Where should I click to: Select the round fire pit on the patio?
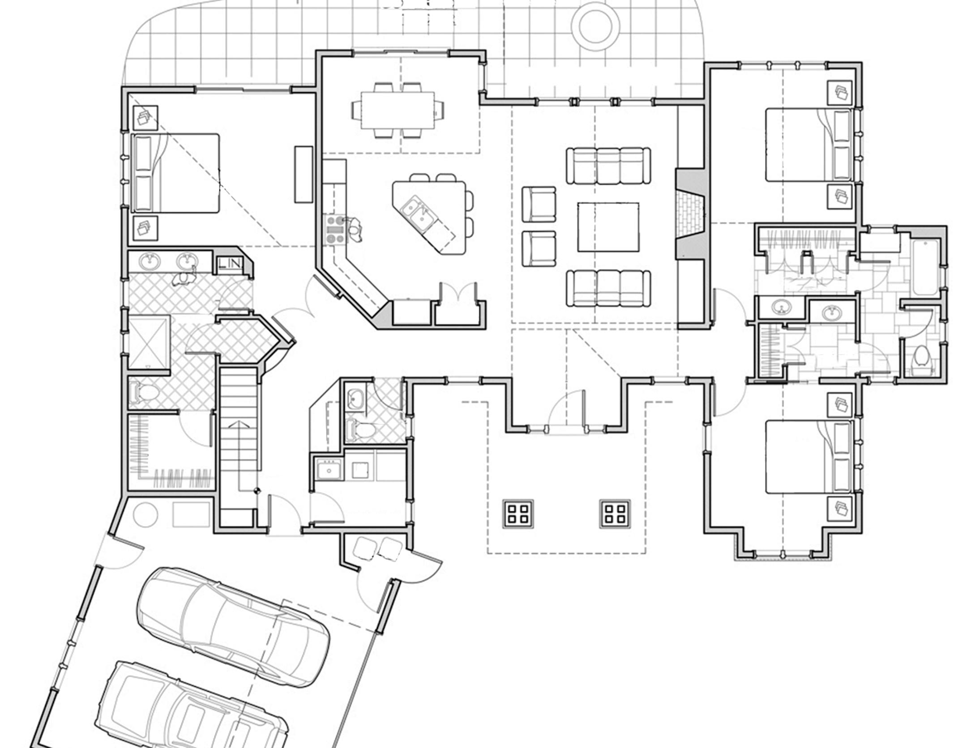(595, 25)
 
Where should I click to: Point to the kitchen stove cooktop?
(335, 229)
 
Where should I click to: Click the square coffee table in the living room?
(608, 227)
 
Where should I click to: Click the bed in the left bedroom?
(175, 173)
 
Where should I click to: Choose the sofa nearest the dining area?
(608, 166)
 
